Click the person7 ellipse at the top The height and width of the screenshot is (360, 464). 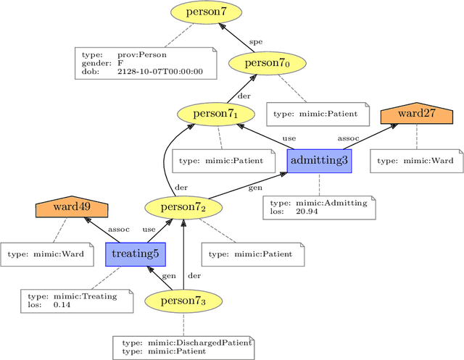pyautogui.click(x=202, y=13)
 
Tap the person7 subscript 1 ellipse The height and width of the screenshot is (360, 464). pyautogui.click(x=217, y=114)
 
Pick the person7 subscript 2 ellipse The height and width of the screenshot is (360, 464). pyautogui.click(x=183, y=207)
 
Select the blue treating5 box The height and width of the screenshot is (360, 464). pyautogui.click(x=136, y=254)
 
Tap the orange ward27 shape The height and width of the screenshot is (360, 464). pyautogui.click(x=416, y=114)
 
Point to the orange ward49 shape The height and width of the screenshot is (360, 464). pyautogui.click(x=71, y=207)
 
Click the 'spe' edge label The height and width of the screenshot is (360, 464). pyautogui.click(x=255, y=41)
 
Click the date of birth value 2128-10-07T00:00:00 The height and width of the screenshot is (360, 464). pyautogui.click(x=160, y=72)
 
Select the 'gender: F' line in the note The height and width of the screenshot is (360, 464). pyautogui.click(x=102, y=64)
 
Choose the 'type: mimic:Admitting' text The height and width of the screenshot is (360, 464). pyautogui.click(x=318, y=203)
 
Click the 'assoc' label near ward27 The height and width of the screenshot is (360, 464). pyautogui.click(x=349, y=137)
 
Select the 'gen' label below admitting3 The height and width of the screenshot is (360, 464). pyautogui.click(x=255, y=188)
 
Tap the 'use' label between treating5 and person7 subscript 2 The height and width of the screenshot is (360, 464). pyautogui.click(x=149, y=229)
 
